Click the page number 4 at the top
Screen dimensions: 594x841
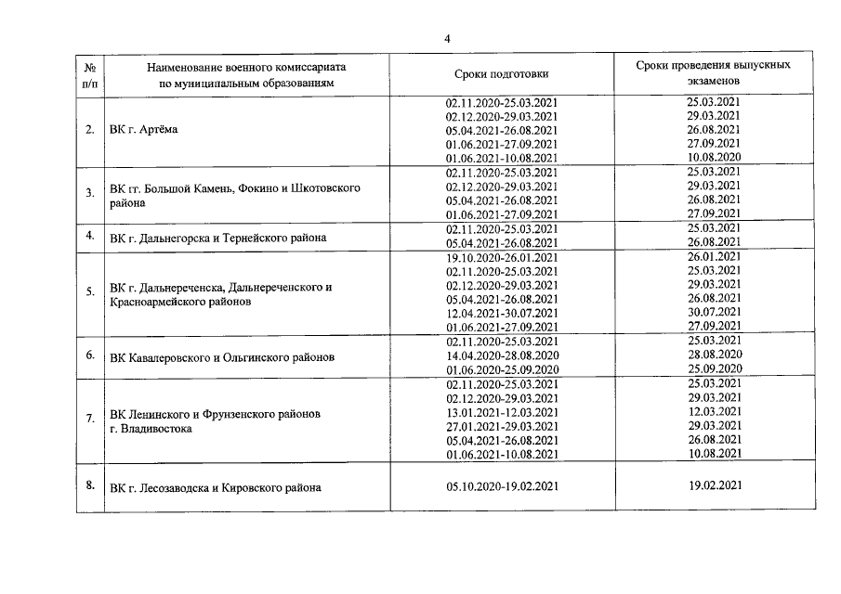[447, 38]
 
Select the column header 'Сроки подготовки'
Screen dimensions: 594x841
[502, 74]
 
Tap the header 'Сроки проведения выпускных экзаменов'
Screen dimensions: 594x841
[713, 74]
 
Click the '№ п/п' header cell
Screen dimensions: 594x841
[90, 74]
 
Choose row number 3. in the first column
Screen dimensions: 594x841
[90, 193]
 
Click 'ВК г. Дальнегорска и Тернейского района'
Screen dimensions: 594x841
[217, 238]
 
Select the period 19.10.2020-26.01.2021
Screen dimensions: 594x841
[502, 257]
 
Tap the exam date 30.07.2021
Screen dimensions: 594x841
[713, 313]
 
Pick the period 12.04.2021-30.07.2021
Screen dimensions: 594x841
[502, 313]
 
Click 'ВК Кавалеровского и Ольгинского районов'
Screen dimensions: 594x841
[222, 356]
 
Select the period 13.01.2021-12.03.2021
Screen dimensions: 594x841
[502, 412]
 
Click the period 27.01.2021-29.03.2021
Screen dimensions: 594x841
[502, 426]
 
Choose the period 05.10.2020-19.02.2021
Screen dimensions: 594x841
[502, 484]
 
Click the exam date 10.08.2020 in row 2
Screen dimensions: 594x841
[713, 158]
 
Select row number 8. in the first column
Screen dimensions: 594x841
[90, 483]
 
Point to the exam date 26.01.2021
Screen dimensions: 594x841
[713, 257]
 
